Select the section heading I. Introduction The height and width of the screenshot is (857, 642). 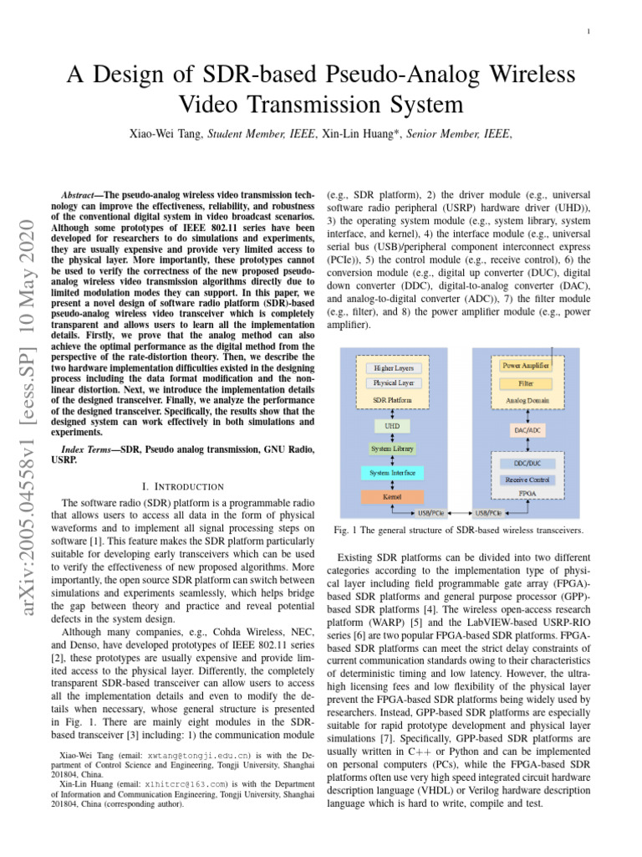click(x=185, y=486)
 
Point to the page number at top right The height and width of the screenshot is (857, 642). click(x=589, y=33)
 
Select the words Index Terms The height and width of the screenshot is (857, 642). click(x=90, y=450)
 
